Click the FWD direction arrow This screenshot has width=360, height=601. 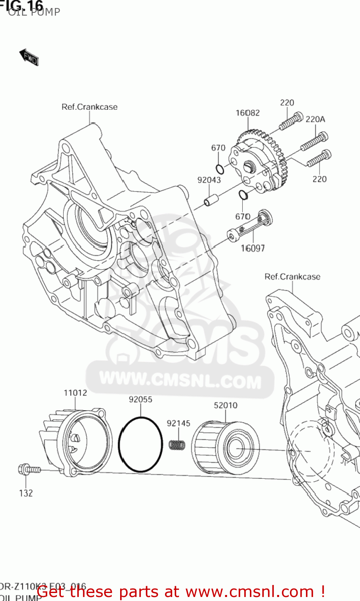coord(29,57)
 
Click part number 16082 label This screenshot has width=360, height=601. coord(247,113)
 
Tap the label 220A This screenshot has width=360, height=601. coord(315,119)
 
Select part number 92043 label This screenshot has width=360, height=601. coord(209,180)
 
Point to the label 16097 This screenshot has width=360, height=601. coord(253,248)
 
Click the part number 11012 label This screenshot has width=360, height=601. coord(75,393)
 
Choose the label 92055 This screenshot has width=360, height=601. coord(141,399)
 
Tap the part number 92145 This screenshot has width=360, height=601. coord(179,423)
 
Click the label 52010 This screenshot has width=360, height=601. coord(225,405)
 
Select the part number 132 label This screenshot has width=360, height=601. coord(26,493)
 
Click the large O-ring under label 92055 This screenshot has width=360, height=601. coord(141,444)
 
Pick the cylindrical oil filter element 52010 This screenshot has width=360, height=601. coord(225,448)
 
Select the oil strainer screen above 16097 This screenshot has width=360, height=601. coord(250,227)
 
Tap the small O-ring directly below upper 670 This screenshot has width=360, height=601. coord(220,168)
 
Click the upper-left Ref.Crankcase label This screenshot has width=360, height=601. coord(89,107)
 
